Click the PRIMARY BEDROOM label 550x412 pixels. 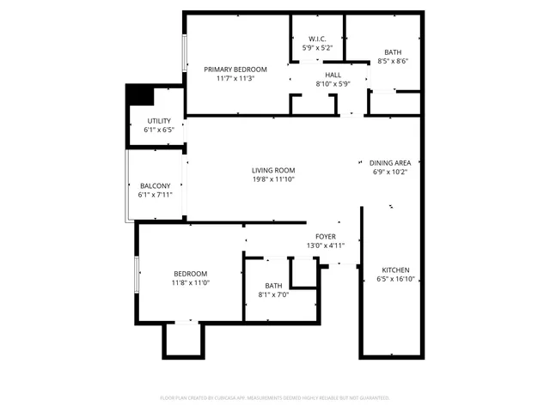pos(235,70)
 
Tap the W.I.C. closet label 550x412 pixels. pos(318,39)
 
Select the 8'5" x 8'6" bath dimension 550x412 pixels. pos(393,61)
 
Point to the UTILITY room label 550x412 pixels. pos(158,121)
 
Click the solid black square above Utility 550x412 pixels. pos(137,94)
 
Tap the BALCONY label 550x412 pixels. pos(156,186)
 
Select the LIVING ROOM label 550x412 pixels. pos(273,170)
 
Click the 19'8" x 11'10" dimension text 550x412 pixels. pos(273,179)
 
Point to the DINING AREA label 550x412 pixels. pos(389,162)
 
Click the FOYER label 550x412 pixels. pos(326,236)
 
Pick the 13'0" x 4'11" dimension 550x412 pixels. pos(326,245)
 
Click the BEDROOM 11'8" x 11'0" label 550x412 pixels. pos(190,273)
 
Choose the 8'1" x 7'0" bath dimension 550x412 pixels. pos(273,295)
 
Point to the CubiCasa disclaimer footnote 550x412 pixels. pos(275,398)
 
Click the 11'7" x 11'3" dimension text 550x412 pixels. pos(235,79)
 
